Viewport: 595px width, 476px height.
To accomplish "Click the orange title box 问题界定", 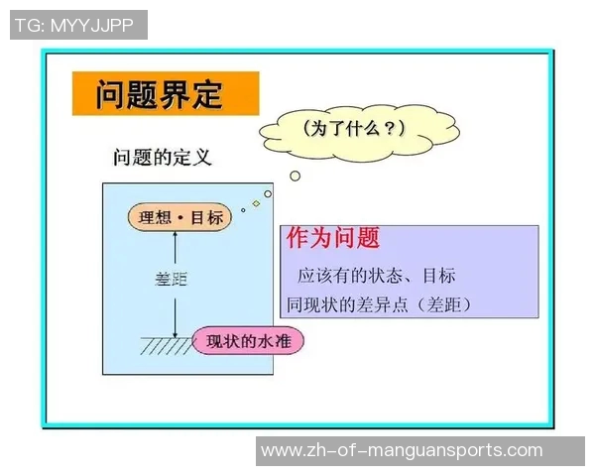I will click(165, 94).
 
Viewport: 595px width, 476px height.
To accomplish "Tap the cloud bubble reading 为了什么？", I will click(338, 129).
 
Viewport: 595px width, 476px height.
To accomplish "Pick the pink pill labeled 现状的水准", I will click(248, 342).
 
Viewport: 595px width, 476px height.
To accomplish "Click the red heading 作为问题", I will click(333, 238).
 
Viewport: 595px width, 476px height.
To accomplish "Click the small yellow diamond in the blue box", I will click(256, 203).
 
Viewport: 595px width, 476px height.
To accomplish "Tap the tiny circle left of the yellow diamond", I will click(243, 209).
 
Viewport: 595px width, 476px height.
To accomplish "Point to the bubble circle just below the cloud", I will click(295, 176).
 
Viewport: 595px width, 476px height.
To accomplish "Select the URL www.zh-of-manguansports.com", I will click(401, 450).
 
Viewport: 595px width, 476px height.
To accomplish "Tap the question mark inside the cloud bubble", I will click(388, 129).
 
